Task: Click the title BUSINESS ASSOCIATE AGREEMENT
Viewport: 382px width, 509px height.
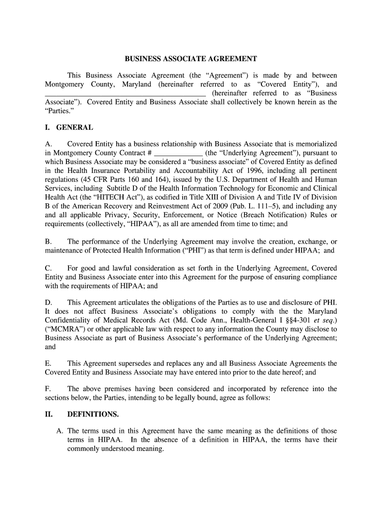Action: point(191,59)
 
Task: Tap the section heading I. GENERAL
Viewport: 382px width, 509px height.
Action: point(68,128)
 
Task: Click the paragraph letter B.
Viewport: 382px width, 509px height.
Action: point(48,242)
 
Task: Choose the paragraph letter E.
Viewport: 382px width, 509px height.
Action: point(48,363)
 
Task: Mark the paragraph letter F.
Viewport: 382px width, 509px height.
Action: point(48,389)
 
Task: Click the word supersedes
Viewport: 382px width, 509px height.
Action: point(129,363)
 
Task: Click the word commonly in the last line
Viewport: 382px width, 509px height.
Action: point(84,449)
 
